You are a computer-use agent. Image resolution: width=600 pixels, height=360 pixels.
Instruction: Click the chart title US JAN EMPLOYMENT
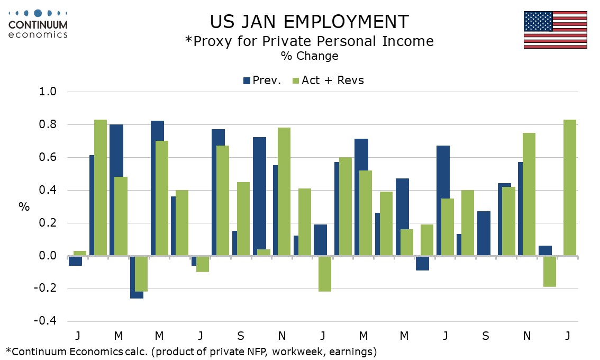tap(309, 22)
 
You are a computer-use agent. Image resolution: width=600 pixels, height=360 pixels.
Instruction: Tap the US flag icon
tap(555, 30)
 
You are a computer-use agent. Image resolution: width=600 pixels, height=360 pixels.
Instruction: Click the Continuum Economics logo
tap(38, 24)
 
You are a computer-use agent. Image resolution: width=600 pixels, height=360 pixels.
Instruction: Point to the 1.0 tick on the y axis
tap(48, 92)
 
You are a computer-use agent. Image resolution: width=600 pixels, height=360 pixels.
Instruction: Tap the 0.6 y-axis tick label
tap(48, 158)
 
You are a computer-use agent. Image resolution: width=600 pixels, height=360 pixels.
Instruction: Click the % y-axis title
tap(24, 207)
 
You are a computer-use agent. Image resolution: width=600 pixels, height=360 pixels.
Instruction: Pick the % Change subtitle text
tap(309, 56)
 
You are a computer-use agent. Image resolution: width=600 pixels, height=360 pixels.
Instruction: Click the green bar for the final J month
tap(570, 188)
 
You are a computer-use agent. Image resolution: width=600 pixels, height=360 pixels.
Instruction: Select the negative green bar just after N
tap(550, 272)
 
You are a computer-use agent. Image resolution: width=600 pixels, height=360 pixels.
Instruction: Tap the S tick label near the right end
tap(486, 336)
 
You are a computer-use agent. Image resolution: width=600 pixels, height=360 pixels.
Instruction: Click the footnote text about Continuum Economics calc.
tap(191, 351)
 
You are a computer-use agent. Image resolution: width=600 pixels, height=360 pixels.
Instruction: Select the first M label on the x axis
tap(119, 336)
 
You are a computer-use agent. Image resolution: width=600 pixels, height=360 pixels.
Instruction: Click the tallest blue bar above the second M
tap(157, 188)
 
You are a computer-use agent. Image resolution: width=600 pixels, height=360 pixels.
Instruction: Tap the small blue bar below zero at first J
tap(75, 261)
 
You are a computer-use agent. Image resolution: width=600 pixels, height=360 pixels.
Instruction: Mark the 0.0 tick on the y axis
tap(48, 256)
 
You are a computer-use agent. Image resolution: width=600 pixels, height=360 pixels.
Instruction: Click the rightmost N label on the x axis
tap(527, 336)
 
